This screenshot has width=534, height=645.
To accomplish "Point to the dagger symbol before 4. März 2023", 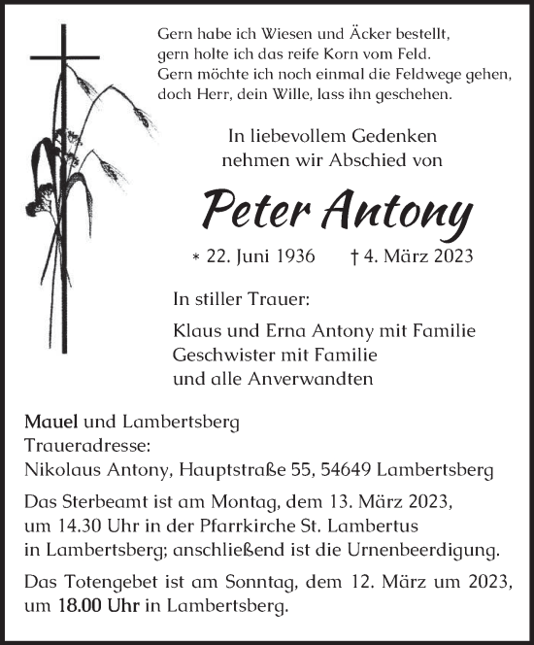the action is pos(355,256).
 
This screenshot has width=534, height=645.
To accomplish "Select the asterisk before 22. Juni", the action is pos(197,257).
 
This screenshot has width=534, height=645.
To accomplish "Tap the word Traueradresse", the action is pos(84,446).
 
